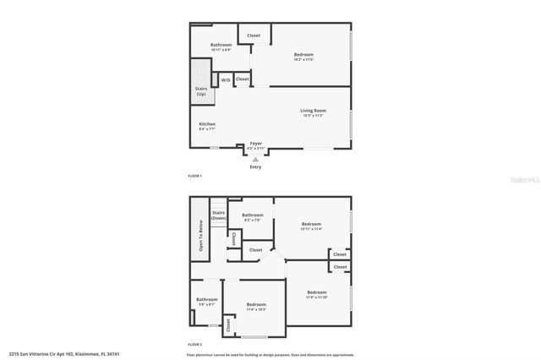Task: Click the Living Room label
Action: click(313, 111)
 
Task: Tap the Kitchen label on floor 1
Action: click(207, 125)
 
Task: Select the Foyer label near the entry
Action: click(255, 144)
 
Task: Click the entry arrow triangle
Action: click(255, 158)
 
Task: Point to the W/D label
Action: click(226, 80)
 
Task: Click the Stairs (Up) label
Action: click(201, 90)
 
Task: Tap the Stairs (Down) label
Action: click(218, 215)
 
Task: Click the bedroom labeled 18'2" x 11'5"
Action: click(303, 56)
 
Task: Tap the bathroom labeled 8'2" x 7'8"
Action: click(252, 217)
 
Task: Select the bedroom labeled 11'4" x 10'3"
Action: click(256, 306)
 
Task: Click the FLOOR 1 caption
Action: click(195, 175)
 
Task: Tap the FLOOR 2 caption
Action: click(195, 345)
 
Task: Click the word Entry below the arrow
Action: click(255, 166)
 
